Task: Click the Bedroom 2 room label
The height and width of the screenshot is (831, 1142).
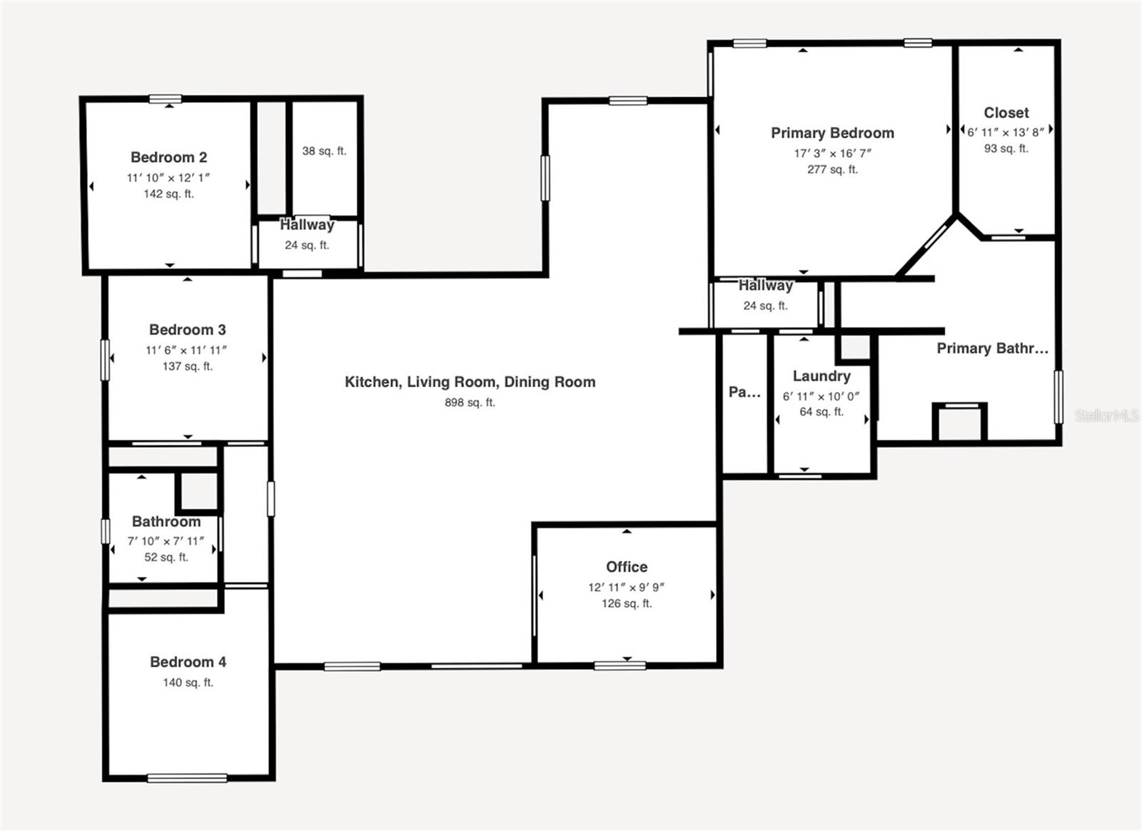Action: (168, 157)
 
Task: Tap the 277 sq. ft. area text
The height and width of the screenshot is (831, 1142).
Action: (832, 169)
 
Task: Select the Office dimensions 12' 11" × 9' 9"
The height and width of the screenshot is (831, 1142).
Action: (626, 587)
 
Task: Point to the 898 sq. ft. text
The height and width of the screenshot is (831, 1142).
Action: (470, 402)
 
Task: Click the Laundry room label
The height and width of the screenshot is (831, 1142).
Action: (822, 376)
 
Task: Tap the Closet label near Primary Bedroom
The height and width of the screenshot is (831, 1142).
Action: (1006, 113)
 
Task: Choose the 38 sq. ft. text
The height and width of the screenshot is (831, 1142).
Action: (324, 151)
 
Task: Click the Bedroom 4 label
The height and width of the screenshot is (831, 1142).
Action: (188, 662)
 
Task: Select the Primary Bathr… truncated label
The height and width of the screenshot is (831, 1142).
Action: (992, 348)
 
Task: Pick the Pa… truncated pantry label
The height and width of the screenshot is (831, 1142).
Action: (744, 391)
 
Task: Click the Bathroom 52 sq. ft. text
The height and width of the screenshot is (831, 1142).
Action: (166, 557)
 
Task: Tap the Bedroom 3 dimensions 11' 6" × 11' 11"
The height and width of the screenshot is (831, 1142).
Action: (187, 350)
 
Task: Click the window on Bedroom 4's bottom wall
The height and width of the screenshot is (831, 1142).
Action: (187, 777)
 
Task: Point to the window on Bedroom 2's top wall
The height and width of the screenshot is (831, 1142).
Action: (165, 99)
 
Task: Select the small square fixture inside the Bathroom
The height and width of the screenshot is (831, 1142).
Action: (198, 491)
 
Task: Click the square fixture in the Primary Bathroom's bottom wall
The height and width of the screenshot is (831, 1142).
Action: (959, 423)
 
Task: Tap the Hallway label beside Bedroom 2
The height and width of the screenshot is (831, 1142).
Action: (307, 225)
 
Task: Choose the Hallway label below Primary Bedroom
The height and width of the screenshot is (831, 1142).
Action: (765, 286)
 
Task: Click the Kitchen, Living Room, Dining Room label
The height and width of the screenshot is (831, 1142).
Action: (470, 382)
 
